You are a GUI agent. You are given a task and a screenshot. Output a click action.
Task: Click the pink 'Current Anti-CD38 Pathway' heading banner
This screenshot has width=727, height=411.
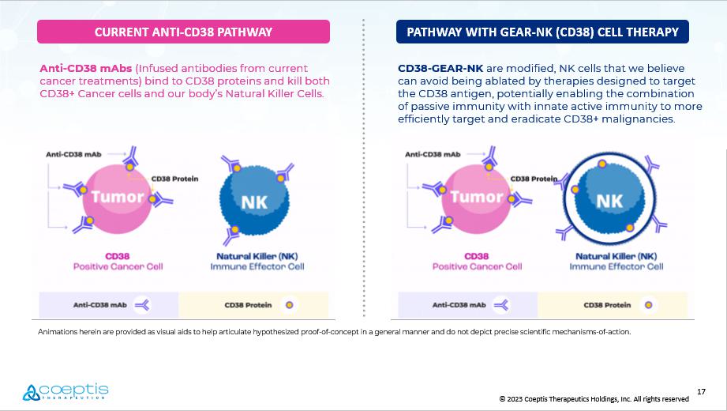click(183, 32)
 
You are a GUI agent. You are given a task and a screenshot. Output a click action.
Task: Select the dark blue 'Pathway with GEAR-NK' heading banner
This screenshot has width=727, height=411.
click(542, 32)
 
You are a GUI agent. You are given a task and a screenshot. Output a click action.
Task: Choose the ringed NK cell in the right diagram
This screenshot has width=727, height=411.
click(609, 198)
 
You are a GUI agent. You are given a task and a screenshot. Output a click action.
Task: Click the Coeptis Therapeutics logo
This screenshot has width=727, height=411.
click(66, 392)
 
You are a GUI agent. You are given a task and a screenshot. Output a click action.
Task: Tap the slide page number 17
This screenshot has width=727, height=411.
click(701, 391)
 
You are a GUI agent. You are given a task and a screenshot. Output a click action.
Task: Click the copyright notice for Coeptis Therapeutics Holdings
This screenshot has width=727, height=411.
click(594, 399)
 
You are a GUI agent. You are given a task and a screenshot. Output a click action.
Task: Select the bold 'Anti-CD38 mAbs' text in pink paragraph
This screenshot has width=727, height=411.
click(86, 68)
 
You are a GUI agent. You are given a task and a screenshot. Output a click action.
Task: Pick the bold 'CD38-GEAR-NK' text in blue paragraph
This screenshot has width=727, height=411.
click(440, 68)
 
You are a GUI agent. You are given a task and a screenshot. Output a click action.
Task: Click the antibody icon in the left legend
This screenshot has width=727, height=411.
click(142, 305)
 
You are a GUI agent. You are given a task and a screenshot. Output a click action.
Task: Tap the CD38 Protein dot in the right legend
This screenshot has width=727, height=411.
click(649, 305)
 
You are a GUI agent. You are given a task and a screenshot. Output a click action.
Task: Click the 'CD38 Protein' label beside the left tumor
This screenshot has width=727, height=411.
click(174, 179)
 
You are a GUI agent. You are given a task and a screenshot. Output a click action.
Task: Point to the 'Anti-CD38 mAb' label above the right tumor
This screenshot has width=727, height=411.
click(433, 154)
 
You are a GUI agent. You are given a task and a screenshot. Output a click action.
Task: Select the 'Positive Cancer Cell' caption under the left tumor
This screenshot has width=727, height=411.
click(118, 266)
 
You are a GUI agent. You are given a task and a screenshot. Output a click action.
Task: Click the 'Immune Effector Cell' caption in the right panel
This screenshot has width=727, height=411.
click(616, 266)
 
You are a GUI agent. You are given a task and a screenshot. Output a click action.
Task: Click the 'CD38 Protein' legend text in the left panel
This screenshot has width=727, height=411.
click(248, 305)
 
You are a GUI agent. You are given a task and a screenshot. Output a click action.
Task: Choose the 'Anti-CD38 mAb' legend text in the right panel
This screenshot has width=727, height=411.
click(459, 305)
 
